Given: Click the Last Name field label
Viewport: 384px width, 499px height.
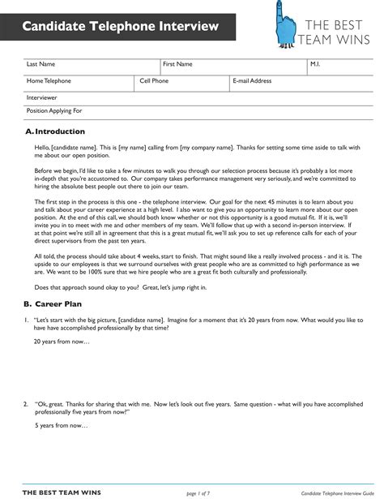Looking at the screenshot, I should [41, 64].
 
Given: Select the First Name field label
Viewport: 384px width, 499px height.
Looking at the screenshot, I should [177, 64].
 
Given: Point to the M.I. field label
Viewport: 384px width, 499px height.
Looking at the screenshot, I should [316, 64].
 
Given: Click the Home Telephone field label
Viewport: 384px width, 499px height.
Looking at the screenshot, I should [49, 81].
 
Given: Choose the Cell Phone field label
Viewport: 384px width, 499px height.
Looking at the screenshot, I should [154, 81].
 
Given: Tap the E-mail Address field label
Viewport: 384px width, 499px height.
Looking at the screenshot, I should [252, 81].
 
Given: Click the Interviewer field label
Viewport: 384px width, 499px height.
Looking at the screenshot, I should [42, 97].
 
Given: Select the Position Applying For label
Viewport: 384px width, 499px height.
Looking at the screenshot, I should [54, 110].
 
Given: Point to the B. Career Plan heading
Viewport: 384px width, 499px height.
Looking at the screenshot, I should [55, 303].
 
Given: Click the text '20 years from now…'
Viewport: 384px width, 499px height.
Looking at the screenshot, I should [62, 342].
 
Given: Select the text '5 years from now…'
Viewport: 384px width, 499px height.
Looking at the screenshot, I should [61, 425].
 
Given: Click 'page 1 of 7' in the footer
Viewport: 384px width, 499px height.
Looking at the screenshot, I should [199, 492].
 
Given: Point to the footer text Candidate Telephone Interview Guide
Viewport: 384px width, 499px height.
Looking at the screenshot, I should [337, 492].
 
